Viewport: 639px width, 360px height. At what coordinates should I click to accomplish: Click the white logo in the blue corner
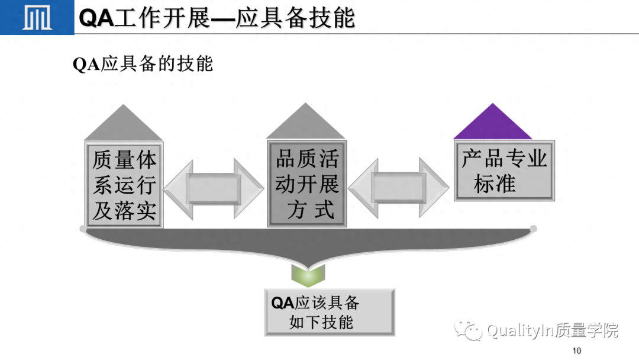36,18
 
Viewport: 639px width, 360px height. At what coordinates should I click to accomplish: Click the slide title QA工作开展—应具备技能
217,17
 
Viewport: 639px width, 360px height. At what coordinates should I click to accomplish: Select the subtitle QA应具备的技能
143,63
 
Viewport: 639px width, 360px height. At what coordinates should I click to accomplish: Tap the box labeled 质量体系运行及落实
124,184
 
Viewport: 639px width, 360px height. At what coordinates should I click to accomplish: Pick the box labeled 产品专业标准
504,171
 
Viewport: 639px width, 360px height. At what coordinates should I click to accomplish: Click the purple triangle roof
492,123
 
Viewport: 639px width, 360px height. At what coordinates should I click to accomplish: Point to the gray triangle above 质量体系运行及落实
124,124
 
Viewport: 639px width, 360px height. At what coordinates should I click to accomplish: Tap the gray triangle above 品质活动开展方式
306,123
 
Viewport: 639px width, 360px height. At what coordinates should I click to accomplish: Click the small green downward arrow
308,274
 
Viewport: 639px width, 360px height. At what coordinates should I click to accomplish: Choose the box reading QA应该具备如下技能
329,312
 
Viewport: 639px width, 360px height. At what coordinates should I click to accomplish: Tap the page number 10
577,351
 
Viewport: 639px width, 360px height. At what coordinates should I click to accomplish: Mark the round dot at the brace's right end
533,229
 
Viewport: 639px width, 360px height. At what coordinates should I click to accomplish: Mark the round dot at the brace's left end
83,229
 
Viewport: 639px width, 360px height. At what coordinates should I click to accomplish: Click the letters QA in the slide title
95,18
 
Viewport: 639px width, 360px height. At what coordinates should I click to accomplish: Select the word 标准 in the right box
494,184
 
